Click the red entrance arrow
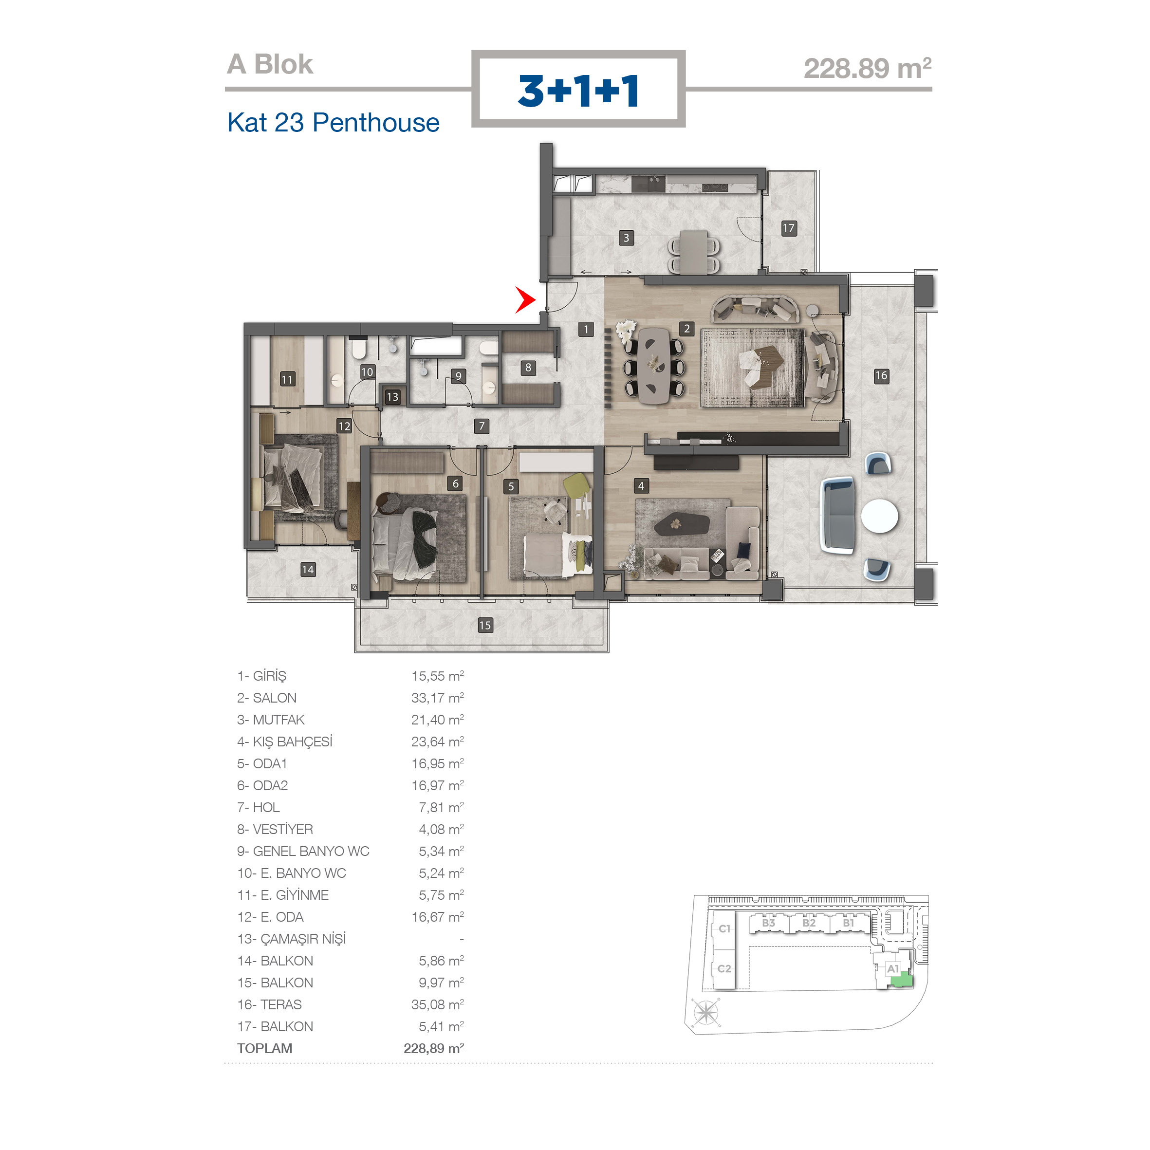(x=525, y=300)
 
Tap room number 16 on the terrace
(x=881, y=375)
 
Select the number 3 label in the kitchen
(x=626, y=238)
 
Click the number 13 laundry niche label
(x=392, y=397)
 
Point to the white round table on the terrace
(x=879, y=516)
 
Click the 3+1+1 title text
(x=578, y=91)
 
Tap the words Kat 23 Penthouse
(x=334, y=123)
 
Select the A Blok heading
(x=270, y=64)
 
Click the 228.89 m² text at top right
(x=867, y=68)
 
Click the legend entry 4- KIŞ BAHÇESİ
(x=284, y=741)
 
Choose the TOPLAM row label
(x=264, y=1048)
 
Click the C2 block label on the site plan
(x=724, y=968)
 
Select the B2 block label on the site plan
(x=808, y=923)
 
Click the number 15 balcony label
(x=485, y=625)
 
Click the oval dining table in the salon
(x=653, y=366)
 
